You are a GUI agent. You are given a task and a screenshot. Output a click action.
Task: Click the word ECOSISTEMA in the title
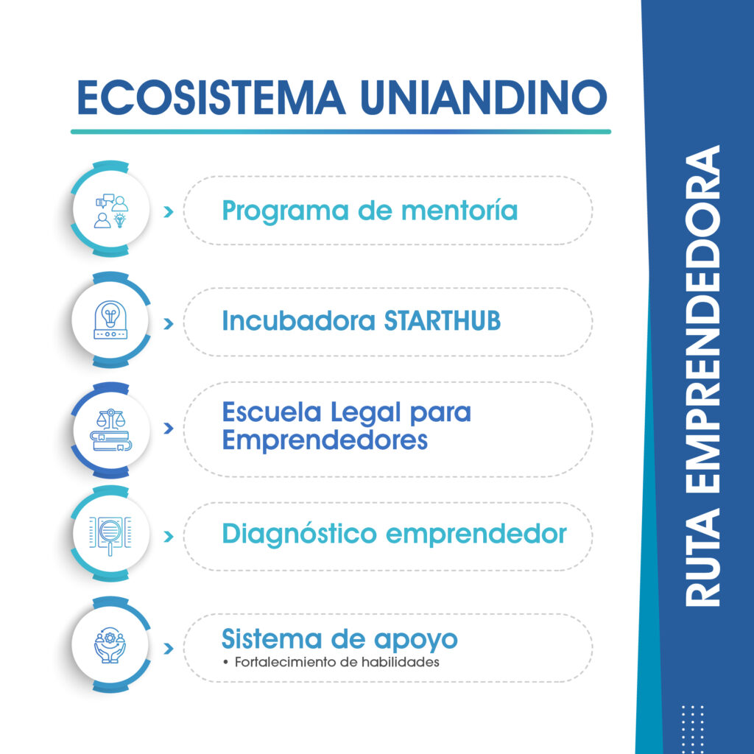tap(211, 98)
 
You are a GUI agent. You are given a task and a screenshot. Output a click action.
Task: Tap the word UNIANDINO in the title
tap(484, 98)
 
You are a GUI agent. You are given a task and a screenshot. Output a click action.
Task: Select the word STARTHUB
tap(443, 321)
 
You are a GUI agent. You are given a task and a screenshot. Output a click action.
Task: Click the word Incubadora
tap(298, 321)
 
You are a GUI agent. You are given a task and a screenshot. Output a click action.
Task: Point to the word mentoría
tap(459, 211)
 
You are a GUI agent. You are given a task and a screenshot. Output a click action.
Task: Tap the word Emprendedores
tap(325, 440)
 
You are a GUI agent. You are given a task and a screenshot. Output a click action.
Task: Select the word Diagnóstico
tap(299, 535)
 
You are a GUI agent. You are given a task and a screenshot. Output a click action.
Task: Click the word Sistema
tap(272, 640)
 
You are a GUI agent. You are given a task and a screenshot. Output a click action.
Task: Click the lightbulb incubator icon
tap(110, 320)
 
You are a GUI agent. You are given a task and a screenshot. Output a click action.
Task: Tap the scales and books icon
tap(111, 430)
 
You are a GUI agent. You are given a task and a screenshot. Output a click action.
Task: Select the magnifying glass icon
tap(110, 535)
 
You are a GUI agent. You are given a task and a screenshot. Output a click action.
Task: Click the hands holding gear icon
tap(110, 645)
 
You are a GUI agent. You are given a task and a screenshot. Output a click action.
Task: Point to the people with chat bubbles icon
tap(112, 211)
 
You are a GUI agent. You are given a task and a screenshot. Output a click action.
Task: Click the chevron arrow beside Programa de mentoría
tap(169, 211)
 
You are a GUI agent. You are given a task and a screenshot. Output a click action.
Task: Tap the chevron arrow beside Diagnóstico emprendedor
tap(169, 536)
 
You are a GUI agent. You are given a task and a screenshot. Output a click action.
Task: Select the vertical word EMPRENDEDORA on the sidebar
tap(702, 319)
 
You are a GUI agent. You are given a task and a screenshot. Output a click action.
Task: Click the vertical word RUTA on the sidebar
tap(702, 557)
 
